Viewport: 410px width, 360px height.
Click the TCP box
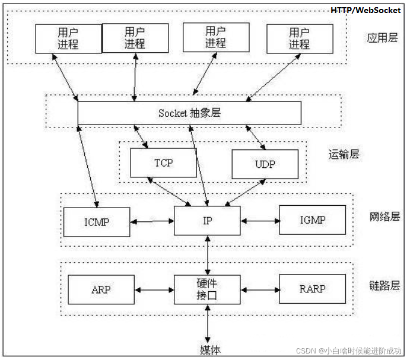[x=163, y=162]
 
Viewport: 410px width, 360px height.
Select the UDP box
[x=265, y=164]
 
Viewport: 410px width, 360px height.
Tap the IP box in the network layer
[x=207, y=221]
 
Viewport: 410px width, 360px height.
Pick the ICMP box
[x=97, y=222]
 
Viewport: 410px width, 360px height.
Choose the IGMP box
[x=312, y=221]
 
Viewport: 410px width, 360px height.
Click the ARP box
[x=101, y=290]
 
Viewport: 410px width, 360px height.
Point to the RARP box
[x=312, y=290]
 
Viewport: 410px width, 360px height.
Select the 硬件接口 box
[x=207, y=289]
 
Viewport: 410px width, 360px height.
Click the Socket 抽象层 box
[x=189, y=113]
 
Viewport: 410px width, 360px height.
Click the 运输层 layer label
[x=344, y=155]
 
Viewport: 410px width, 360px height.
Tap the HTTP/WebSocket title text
[x=365, y=10]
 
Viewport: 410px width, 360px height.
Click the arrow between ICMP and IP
[x=152, y=222]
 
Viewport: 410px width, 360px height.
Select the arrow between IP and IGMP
[x=260, y=222]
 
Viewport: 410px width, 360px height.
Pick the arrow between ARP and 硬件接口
[x=154, y=290]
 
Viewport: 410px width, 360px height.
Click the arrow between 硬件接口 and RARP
[x=260, y=290]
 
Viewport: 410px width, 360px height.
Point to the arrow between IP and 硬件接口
[x=207, y=256]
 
